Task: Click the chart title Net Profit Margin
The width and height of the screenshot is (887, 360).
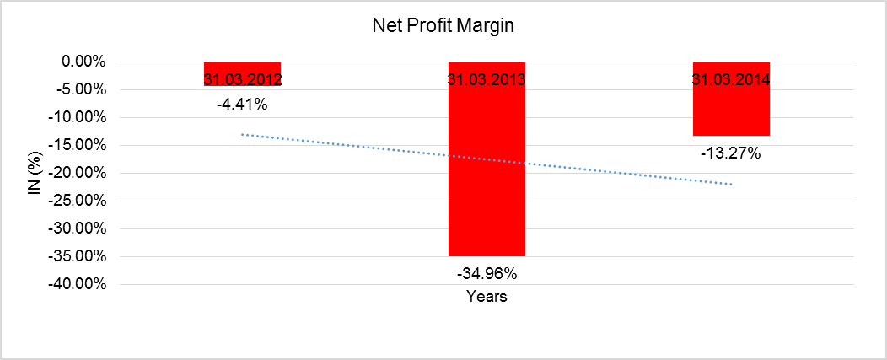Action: pos(443,26)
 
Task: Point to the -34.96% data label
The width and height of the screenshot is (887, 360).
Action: pos(487,274)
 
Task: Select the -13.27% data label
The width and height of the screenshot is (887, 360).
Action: pos(731,153)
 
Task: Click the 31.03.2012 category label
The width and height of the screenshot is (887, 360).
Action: pos(242,81)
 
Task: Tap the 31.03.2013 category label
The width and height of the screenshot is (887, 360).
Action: pos(487,81)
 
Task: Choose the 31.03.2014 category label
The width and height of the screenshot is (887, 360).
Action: pos(731,81)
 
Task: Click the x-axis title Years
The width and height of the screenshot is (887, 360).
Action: pos(487,297)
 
